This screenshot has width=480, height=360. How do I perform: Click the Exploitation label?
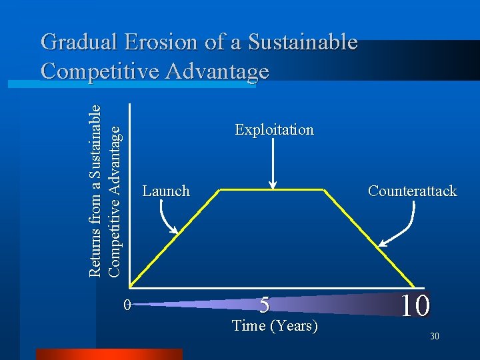pyautogui.click(x=274, y=129)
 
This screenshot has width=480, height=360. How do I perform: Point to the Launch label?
pyautogui.click(x=166, y=191)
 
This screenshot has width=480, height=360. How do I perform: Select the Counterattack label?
pyautogui.click(x=412, y=191)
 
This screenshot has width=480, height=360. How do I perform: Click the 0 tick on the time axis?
pyautogui.click(x=127, y=305)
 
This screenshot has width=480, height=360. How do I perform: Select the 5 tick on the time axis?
pyautogui.click(x=265, y=305)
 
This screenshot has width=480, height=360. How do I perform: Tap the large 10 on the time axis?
pyautogui.click(x=415, y=305)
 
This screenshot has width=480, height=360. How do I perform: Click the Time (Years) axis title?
pyautogui.click(x=274, y=326)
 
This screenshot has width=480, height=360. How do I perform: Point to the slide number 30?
pyautogui.click(x=434, y=337)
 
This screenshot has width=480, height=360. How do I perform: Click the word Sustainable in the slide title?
pyautogui.click(x=303, y=43)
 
